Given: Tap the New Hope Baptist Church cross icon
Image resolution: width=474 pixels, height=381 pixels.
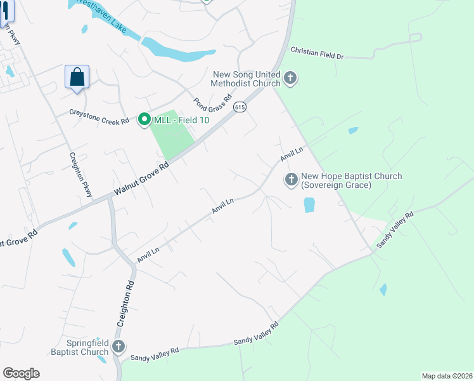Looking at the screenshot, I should click(291, 180).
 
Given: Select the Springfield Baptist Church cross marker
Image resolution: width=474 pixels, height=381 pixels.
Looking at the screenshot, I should click(118, 347).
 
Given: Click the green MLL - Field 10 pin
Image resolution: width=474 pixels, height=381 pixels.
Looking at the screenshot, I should click(144, 119).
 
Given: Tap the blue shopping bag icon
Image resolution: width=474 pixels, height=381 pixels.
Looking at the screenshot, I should click(77, 77).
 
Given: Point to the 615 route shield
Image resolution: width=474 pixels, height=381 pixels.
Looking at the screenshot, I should click(239, 107).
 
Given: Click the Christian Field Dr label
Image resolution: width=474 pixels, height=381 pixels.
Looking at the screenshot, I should click(316, 53).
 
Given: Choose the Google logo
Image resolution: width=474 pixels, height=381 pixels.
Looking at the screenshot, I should click(21, 373).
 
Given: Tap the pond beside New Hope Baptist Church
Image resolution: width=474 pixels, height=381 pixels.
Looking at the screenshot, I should click(309, 205).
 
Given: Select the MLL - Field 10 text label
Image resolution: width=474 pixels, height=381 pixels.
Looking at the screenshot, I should click(178, 119).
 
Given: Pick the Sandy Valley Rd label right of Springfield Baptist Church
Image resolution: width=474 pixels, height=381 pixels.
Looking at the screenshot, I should click(155, 354).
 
